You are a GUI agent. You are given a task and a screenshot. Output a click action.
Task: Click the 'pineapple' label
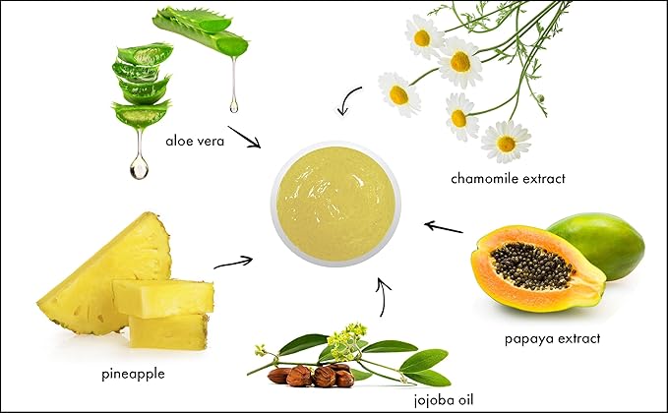point(134,374)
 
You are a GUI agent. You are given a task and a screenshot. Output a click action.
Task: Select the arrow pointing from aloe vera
point(245,136)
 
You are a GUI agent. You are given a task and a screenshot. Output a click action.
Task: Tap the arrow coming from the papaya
point(443,227)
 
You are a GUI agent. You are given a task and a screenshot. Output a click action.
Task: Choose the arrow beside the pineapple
point(233,261)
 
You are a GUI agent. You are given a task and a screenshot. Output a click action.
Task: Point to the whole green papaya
point(600,241)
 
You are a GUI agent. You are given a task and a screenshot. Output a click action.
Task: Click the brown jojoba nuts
point(312,375)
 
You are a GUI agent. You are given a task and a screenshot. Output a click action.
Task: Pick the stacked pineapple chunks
point(165,313)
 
